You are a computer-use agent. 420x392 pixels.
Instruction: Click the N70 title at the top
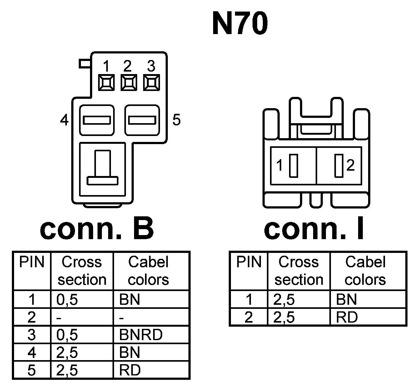point(240,24)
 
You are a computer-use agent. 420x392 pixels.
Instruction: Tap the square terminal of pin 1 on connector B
point(106,83)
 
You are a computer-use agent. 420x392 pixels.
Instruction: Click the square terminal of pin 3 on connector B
point(151,83)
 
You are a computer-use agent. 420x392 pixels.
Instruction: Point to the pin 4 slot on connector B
point(97,120)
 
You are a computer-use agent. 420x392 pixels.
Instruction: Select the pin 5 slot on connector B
point(142,120)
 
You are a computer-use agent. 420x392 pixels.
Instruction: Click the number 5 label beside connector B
point(177,120)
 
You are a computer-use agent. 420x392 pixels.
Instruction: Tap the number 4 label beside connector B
point(64,120)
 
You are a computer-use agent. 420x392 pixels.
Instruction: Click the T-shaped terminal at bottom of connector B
point(102,169)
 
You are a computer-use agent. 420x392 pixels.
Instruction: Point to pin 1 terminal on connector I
point(293,166)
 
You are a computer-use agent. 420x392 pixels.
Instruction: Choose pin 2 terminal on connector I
point(338,166)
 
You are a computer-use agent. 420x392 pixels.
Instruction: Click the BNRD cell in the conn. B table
point(141,335)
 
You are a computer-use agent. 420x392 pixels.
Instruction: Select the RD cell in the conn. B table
point(130,370)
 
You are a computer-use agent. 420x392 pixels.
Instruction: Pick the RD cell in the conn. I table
point(347,318)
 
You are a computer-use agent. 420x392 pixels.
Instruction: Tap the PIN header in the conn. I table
point(249,262)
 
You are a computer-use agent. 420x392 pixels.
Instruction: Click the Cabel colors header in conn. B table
point(148,271)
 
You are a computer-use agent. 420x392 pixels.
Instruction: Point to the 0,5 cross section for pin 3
point(67,335)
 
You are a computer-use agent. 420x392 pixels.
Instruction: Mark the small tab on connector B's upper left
point(84,64)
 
